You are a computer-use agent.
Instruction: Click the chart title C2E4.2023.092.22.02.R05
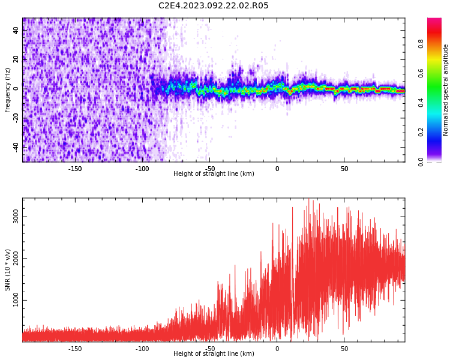click(x=213, y=5)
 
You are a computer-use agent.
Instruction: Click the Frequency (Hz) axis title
click(x=7, y=90)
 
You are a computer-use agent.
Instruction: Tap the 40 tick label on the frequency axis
click(x=16, y=30)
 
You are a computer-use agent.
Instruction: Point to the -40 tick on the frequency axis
click(x=16, y=147)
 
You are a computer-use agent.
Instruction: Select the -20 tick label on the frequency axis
click(x=16, y=118)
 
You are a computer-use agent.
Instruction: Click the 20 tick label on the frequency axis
click(x=16, y=59)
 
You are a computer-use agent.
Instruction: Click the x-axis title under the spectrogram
click(x=214, y=173)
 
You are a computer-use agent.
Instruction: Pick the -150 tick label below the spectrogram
click(x=74, y=169)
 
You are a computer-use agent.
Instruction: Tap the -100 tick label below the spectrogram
click(x=142, y=169)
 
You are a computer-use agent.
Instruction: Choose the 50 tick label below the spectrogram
click(x=344, y=169)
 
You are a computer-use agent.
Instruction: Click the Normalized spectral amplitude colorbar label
click(x=445, y=90)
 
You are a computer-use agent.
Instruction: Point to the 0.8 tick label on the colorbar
click(x=421, y=44)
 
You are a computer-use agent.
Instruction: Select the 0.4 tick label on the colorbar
click(x=421, y=103)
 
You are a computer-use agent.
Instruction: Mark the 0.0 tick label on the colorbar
click(x=421, y=161)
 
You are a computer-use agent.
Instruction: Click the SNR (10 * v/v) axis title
click(x=7, y=270)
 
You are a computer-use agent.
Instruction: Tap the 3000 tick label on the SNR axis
click(x=16, y=217)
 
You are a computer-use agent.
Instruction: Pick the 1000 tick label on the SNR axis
click(x=16, y=300)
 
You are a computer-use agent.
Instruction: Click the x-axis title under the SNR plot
click(x=214, y=353)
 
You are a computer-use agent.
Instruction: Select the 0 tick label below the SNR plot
click(x=277, y=349)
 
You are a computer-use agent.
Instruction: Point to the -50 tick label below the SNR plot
click(x=209, y=349)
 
